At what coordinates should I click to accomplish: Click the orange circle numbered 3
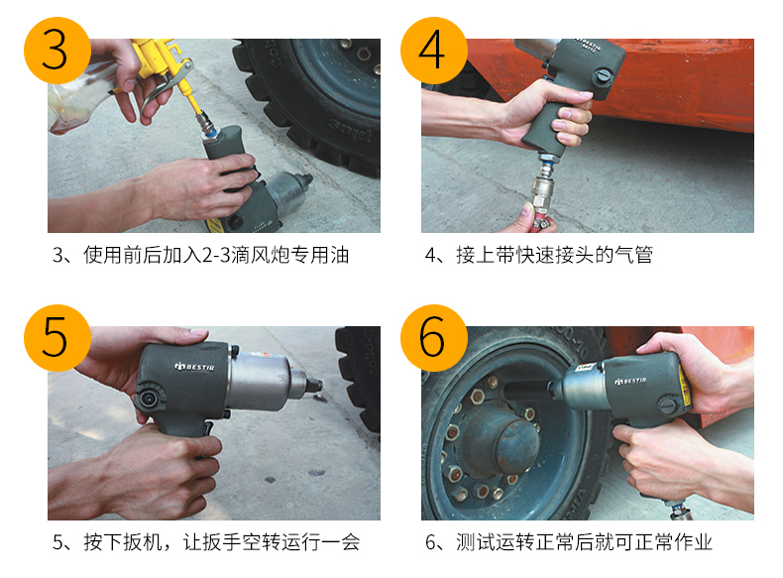click(x=56, y=51)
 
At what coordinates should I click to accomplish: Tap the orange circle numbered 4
click(x=434, y=51)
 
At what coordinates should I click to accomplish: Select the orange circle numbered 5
click(x=56, y=338)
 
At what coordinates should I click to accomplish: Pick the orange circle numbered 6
click(x=434, y=338)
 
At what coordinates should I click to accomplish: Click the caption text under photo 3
click(x=201, y=255)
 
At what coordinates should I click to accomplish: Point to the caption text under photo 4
click(x=539, y=255)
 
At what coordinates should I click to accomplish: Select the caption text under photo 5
click(x=206, y=542)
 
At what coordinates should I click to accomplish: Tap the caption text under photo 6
click(x=569, y=542)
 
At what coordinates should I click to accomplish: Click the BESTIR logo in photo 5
click(x=194, y=367)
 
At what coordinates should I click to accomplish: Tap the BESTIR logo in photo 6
click(x=630, y=381)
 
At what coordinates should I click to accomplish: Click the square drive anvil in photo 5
click(x=313, y=385)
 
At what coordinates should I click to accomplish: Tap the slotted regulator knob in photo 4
click(x=604, y=77)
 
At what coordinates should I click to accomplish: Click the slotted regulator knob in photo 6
click(x=668, y=405)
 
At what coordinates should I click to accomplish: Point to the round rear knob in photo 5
click(x=150, y=399)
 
